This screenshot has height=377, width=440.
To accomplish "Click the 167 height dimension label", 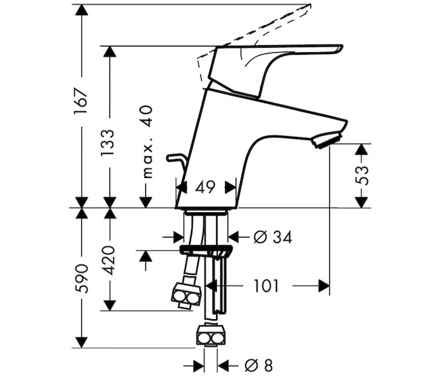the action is click(81, 101).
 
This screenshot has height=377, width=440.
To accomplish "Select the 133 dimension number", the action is click(108, 143).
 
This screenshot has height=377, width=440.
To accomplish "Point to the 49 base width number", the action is click(205, 187).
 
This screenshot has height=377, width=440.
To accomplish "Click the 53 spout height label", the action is click(362, 175).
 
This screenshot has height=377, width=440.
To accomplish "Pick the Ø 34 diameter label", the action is click(273, 238).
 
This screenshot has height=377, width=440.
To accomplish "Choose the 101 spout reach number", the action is click(266, 286).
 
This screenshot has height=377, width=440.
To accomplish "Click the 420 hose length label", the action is click(108, 260).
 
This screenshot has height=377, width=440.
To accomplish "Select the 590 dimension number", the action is click(81, 278).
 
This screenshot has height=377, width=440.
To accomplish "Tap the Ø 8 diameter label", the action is click(258, 366).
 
